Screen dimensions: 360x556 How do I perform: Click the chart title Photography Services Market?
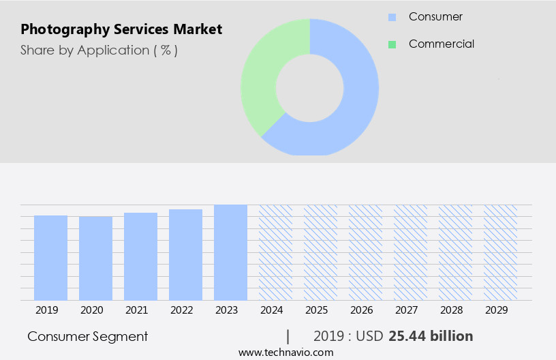click(x=121, y=30)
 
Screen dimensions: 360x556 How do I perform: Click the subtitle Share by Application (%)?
click(x=99, y=50)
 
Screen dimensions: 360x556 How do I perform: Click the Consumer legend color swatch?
click(x=392, y=16)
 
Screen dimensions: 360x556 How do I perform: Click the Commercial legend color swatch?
click(x=392, y=44)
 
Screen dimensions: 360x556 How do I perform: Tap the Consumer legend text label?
click(x=436, y=16)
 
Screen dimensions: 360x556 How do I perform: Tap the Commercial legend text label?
click(x=442, y=44)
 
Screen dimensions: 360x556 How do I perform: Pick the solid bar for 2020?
click(x=96, y=258)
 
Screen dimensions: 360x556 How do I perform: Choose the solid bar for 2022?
click(x=186, y=255)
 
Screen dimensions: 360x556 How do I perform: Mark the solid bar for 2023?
click(x=231, y=252)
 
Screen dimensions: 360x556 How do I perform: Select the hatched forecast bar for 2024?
click(x=276, y=252)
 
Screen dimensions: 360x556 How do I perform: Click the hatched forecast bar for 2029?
click(x=501, y=252)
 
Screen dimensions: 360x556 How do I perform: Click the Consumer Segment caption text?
click(x=88, y=336)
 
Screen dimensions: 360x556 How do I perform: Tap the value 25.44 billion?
click(x=431, y=336)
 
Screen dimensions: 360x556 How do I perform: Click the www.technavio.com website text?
click(x=286, y=352)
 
